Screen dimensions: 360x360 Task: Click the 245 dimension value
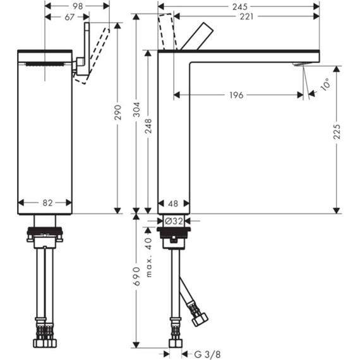coord(240,7)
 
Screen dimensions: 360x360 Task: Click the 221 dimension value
coord(246,16)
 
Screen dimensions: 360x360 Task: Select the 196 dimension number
coord(236,95)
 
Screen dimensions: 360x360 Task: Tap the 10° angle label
coord(325,84)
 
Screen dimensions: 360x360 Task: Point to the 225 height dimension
coord(337,131)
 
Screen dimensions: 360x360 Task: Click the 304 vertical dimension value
coord(137,109)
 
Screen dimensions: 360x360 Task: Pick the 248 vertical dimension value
coord(148,126)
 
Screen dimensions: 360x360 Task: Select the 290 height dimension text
coord(117,112)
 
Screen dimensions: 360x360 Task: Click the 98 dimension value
coord(78,6)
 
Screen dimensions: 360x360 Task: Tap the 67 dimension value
coord(69,17)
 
